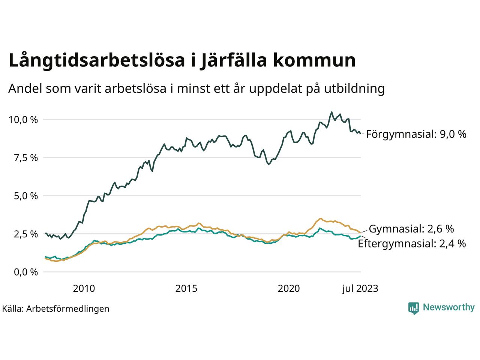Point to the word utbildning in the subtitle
click(350, 89)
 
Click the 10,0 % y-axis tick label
click(23, 120)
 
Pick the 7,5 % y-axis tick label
click(25, 158)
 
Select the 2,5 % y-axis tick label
click(25, 234)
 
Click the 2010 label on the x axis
click(84, 288)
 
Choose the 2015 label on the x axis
click(186, 288)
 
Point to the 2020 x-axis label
click(289, 288)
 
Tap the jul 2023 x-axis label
click(360, 288)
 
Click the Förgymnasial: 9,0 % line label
click(416, 134)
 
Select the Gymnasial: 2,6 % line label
click(411, 229)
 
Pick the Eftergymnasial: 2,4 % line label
click(412, 244)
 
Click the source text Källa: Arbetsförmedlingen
click(55, 309)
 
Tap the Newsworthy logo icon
click(413, 308)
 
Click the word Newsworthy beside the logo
click(448, 307)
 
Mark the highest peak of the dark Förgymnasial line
click(331, 112)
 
